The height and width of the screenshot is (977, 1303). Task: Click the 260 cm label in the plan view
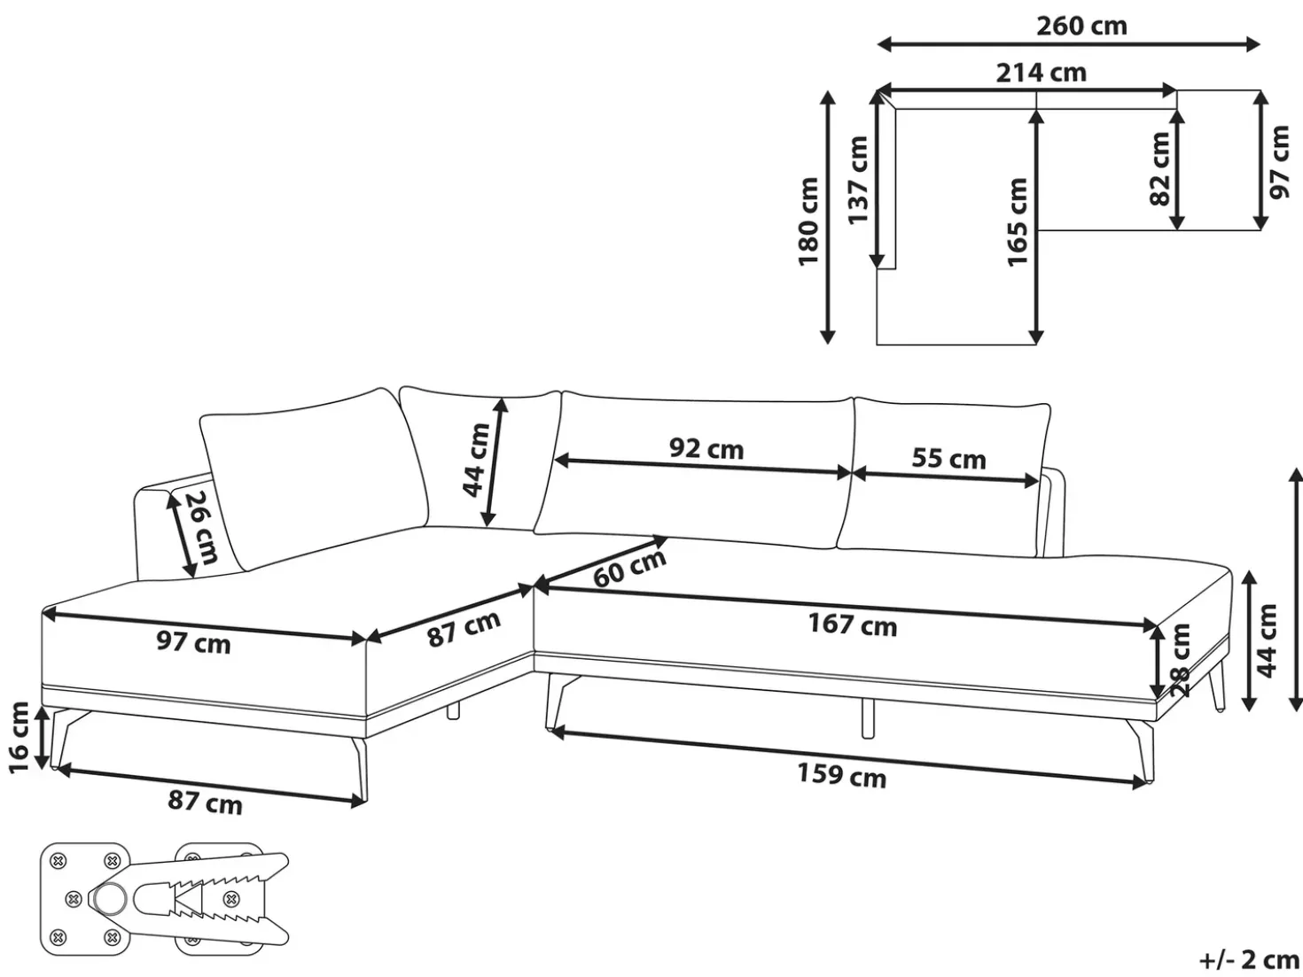pyautogui.click(x=1081, y=26)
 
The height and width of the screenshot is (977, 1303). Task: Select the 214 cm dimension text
pyautogui.click(x=1042, y=73)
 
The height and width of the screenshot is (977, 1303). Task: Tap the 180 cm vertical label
pyautogui.click(x=808, y=221)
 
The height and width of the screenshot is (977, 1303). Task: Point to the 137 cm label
pyautogui.click(x=858, y=181)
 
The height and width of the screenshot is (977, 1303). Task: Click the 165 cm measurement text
pyautogui.click(x=1018, y=221)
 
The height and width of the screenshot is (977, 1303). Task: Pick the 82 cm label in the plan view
pyautogui.click(x=1160, y=169)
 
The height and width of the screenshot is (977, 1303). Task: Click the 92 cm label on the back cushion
pyautogui.click(x=706, y=449)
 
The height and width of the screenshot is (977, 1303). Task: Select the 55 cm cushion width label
pyautogui.click(x=948, y=459)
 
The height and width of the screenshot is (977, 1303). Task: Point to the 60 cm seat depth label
pyautogui.click(x=629, y=568)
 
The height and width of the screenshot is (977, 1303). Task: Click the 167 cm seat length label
pyautogui.click(x=853, y=625)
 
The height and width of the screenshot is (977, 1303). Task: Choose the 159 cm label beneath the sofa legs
pyautogui.click(x=842, y=775)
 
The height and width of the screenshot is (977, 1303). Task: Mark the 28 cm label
pyautogui.click(x=1180, y=660)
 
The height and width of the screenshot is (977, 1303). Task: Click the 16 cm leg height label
pyautogui.click(x=19, y=737)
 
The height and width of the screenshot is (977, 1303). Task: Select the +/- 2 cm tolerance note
pyautogui.click(x=1250, y=959)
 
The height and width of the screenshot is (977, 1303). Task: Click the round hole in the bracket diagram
pyautogui.click(x=110, y=899)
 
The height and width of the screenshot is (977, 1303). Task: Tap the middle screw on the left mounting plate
pyautogui.click(x=73, y=899)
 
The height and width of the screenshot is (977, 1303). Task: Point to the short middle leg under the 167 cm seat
pyautogui.click(x=867, y=717)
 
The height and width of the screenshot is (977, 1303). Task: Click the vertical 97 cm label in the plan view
pyautogui.click(x=1280, y=161)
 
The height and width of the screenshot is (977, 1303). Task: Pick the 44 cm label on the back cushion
pyautogui.click(x=476, y=460)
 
